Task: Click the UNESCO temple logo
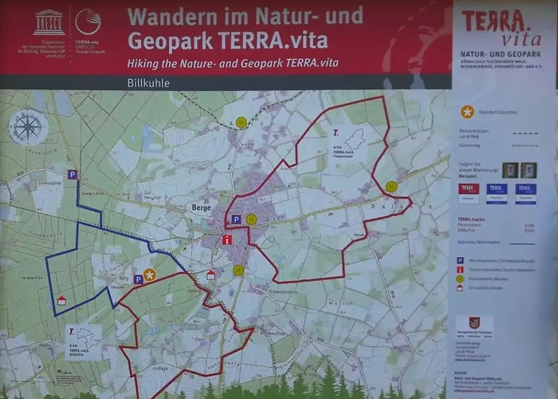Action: coord(48,22)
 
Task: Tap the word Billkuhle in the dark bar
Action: coord(147,82)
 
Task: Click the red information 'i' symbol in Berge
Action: coord(228,239)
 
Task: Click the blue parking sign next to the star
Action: coord(137,279)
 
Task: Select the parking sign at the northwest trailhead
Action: coord(73,174)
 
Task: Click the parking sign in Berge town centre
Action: coord(236,219)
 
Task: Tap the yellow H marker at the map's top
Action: coord(241,122)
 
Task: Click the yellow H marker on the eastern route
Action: coord(391,186)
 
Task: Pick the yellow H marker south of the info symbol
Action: coord(238,270)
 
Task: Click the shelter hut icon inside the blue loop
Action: coord(61,300)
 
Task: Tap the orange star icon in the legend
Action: coord(467,112)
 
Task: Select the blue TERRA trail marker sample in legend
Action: coord(497,192)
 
